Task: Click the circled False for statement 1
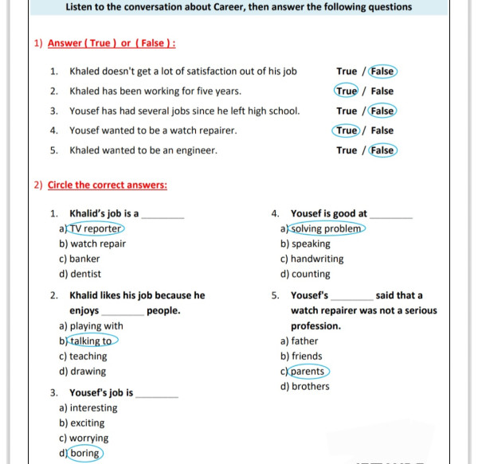coord(383,71)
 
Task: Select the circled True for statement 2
coord(347,91)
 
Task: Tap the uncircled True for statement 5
coord(347,150)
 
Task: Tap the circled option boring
coord(84,454)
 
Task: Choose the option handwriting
coord(317,259)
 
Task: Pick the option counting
coord(311,274)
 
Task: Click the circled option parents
coord(308,372)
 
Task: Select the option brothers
coord(310,387)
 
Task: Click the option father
coord(304,341)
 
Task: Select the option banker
coord(84,259)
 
